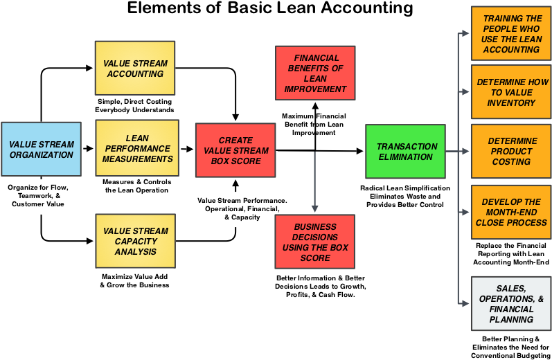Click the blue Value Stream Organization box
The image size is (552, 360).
click(x=41, y=150)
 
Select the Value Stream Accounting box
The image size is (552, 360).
click(x=135, y=68)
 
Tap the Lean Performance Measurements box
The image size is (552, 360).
click(x=137, y=148)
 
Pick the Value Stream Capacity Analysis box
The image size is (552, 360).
click(x=135, y=241)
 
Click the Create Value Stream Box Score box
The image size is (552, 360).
click(x=235, y=150)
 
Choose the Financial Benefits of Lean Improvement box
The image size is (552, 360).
click(x=315, y=73)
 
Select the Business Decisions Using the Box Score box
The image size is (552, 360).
click(x=315, y=242)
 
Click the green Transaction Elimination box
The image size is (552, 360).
click(x=406, y=152)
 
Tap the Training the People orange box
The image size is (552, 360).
click(x=511, y=33)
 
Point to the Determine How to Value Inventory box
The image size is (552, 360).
click(x=511, y=92)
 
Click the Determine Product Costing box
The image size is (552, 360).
click(x=511, y=152)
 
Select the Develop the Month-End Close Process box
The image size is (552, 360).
click(x=511, y=213)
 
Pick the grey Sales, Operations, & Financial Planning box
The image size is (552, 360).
click(x=511, y=304)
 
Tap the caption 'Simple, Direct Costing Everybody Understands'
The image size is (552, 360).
click(x=135, y=105)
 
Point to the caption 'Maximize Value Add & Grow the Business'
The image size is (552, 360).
click(x=135, y=281)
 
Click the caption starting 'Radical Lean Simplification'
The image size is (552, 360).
click(x=405, y=197)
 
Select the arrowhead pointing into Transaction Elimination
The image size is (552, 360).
click(x=359, y=151)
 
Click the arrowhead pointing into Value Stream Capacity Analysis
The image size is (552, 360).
click(x=90, y=241)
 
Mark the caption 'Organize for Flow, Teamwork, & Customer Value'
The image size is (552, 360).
click(x=38, y=196)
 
